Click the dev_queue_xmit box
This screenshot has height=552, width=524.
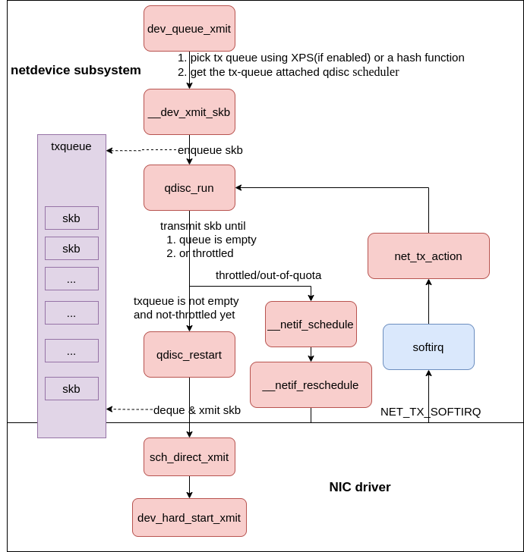[x=189, y=28]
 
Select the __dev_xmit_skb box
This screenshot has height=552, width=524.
[x=189, y=111]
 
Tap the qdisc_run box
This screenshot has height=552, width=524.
[x=189, y=187]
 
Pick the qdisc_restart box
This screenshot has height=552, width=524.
[x=189, y=354]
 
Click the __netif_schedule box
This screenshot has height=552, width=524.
[x=311, y=324]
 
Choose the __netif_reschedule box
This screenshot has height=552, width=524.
[x=311, y=384]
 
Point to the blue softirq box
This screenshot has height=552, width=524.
[x=428, y=347]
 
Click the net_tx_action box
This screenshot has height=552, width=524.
[x=428, y=256]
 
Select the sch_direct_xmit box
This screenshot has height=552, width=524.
[x=189, y=456]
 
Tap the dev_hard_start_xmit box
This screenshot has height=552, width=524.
[x=189, y=517]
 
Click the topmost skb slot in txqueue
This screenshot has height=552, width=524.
[x=71, y=218]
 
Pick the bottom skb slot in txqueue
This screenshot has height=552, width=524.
[x=71, y=388]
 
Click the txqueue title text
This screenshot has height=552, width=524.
[x=71, y=146]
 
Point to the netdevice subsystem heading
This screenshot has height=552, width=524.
[x=76, y=71]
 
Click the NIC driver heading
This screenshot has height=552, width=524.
[x=360, y=487]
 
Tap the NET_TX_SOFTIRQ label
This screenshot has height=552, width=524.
[x=431, y=412]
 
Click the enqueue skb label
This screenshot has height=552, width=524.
[x=210, y=150]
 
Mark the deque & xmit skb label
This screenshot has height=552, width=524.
[x=197, y=410]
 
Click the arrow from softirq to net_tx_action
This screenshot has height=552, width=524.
[x=428, y=301]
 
